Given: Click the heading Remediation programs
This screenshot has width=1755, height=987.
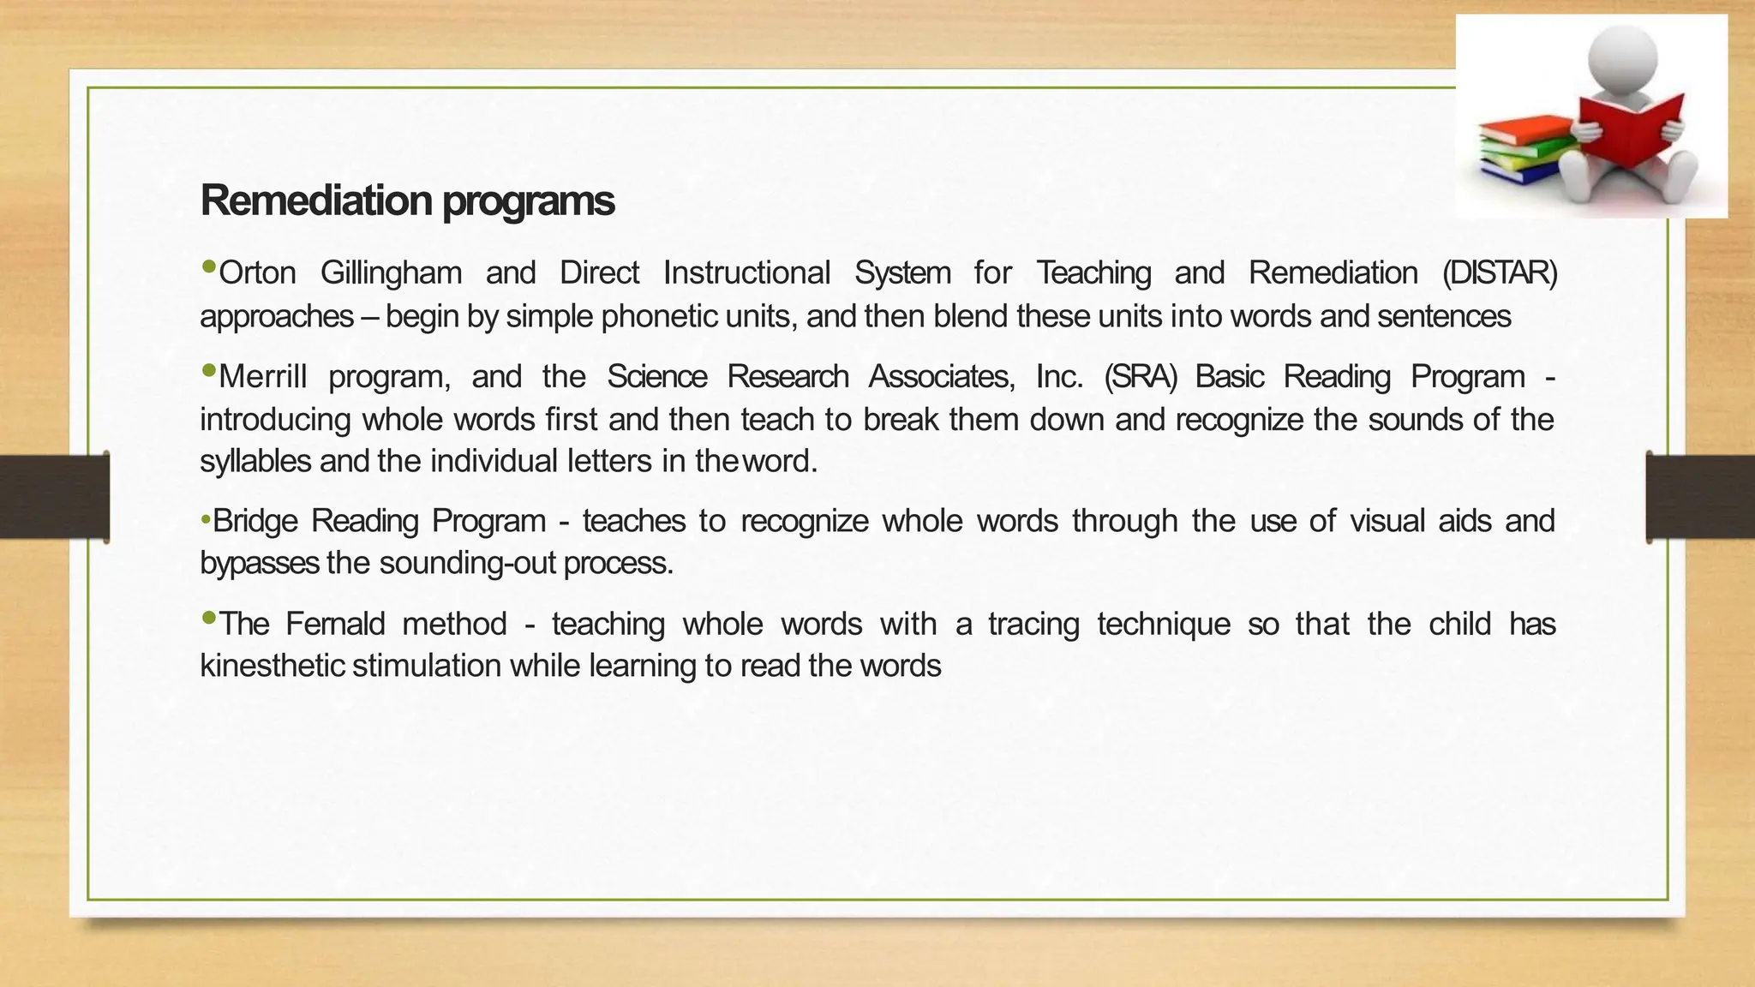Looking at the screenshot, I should pyautogui.click(x=407, y=200).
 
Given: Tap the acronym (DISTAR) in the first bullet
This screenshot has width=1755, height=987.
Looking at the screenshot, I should pyautogui.click(x=1500, y=273).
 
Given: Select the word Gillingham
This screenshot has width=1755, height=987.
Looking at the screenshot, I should pyautogui.click(x=391, y=273).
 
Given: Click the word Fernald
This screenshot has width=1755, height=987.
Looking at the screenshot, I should pyautogui.click(x=335, y=624).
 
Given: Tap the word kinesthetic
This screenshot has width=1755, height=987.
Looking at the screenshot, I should pyautogui.click(x=273, y=666).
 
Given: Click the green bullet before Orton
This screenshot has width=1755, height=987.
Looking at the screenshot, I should pyautogui.click(x=208, y=268).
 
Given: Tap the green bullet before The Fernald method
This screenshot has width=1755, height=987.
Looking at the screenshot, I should pyautogui.click(x=208, y=619).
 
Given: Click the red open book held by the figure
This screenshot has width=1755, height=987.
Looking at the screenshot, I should pyautogui.click(x=1629, y=129).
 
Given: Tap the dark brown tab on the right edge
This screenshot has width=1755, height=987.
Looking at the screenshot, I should pyautogui.click(x=1700, y=497).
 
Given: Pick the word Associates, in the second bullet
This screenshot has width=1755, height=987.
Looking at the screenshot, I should pyautogui.click(x=942, y=377).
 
